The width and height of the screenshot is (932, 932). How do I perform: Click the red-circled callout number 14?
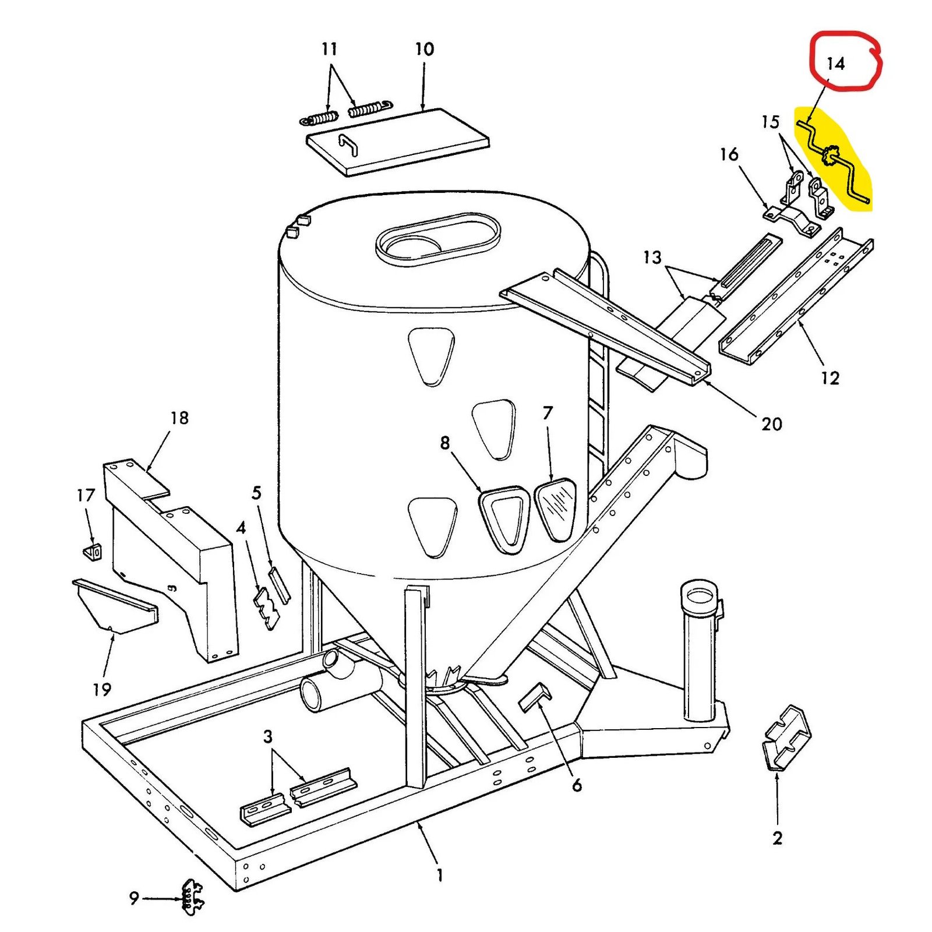click(835, 63)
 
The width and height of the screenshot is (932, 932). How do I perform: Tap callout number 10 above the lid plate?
click(424, 50)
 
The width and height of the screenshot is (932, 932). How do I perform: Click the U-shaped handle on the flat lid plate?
click(348, 144)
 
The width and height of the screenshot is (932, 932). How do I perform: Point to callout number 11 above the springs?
click(329, 50)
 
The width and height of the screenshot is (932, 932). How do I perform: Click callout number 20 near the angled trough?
click(771, 424)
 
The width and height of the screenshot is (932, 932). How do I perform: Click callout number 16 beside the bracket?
click(729, 154)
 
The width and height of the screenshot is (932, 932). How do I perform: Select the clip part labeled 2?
click(785, 737)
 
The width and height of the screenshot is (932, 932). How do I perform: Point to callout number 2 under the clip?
click(777, 838)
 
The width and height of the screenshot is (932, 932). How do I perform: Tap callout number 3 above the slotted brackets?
click(267, 737)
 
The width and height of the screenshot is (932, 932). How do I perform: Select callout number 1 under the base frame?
click(440, 875)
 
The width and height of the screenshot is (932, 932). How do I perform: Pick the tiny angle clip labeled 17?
click(93, 551)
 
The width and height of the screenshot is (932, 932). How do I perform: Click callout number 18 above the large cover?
click(179, 418)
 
